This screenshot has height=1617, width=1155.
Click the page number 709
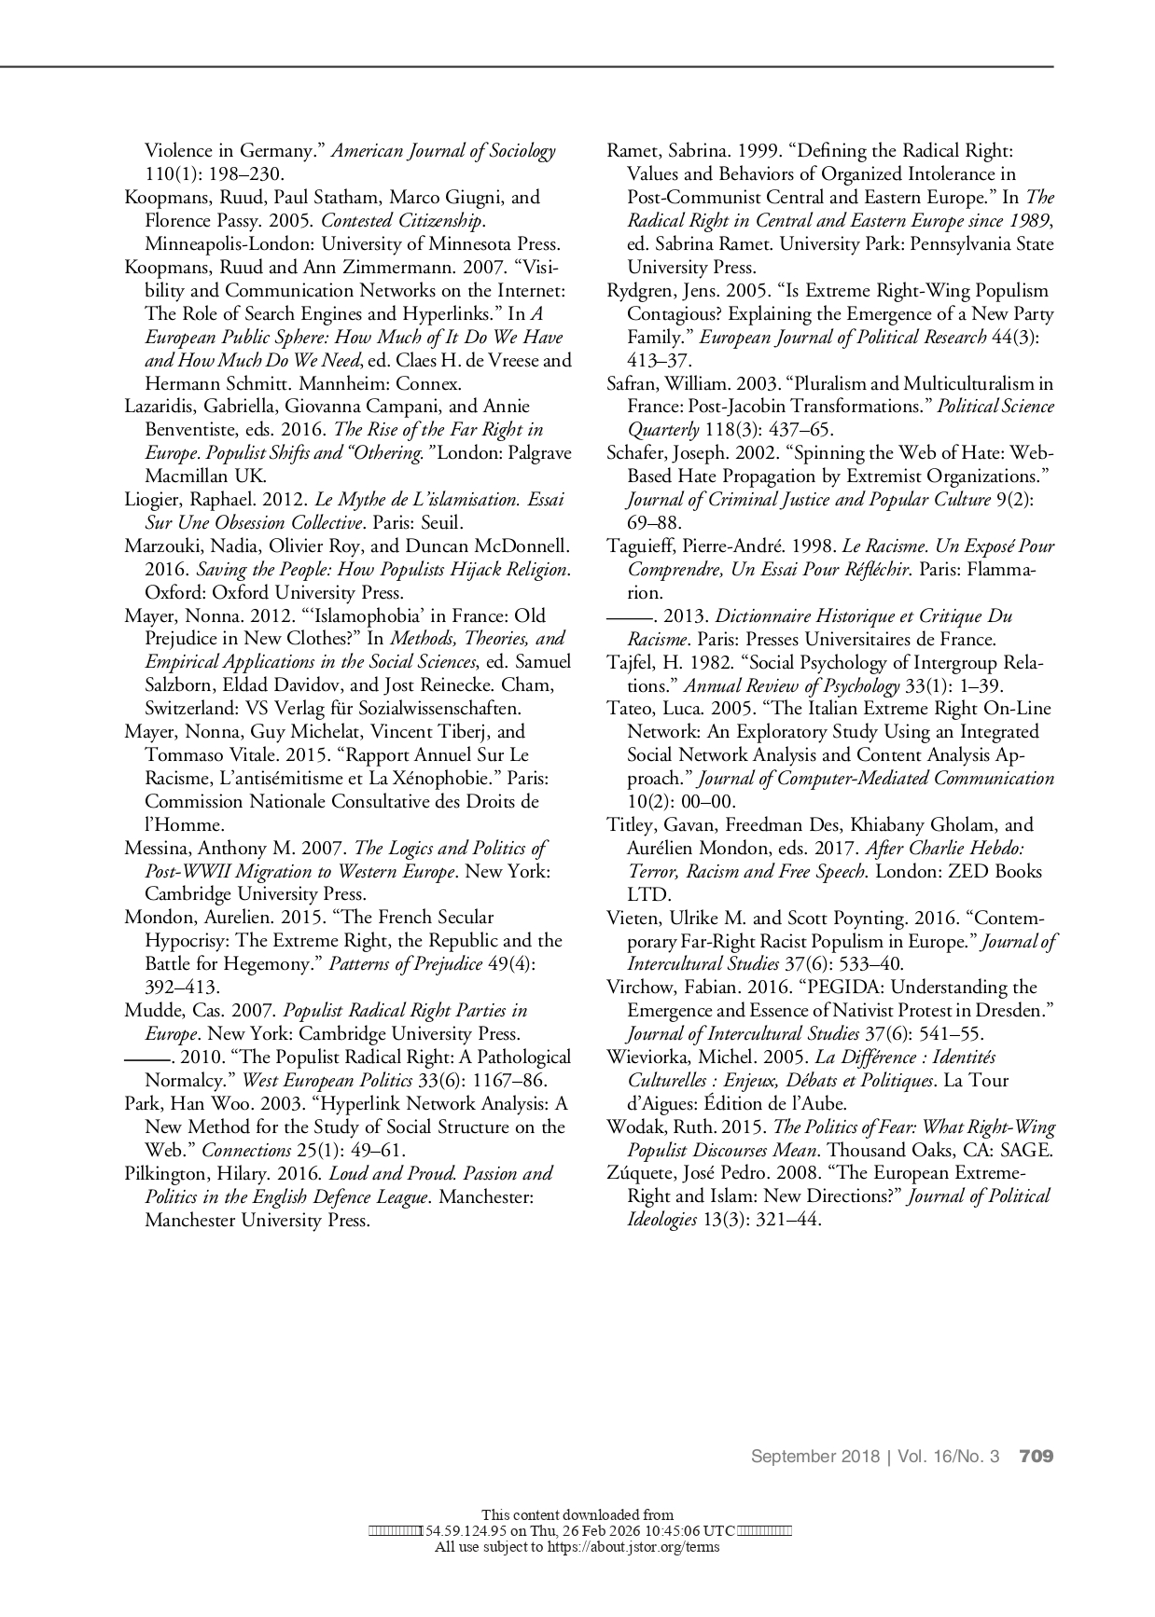(1036, 1456)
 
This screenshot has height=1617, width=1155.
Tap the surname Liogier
(152, 500)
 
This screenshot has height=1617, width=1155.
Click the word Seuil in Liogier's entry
(436, 523)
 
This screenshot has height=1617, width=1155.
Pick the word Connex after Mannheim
(428, 383)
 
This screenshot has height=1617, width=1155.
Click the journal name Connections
(246, 1151)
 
